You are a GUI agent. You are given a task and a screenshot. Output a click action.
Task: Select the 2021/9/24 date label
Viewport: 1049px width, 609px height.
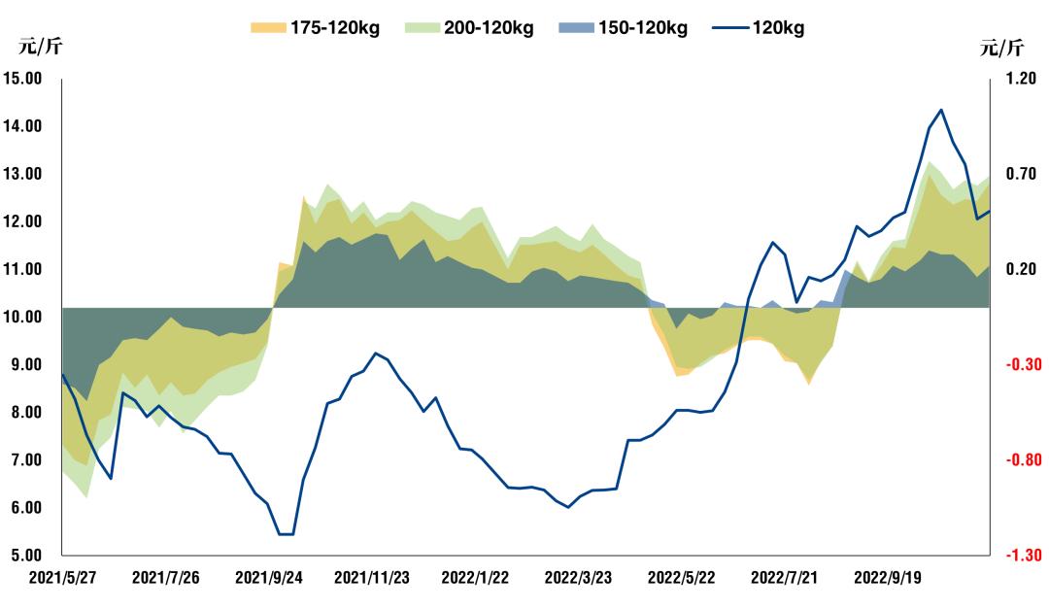tap(268, 578)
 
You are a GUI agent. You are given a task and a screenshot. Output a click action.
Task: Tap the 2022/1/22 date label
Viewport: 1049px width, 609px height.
tap(475, 578)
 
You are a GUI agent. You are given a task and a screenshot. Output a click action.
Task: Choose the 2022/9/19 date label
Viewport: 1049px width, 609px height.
tap(887, 578)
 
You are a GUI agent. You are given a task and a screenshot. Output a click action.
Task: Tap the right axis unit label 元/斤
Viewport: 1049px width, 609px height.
tap(1001, 47)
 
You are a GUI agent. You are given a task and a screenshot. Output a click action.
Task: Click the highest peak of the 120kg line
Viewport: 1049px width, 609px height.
tap(940, 110)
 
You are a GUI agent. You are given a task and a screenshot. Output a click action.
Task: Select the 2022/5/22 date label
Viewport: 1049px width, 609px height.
tap(681, 578)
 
